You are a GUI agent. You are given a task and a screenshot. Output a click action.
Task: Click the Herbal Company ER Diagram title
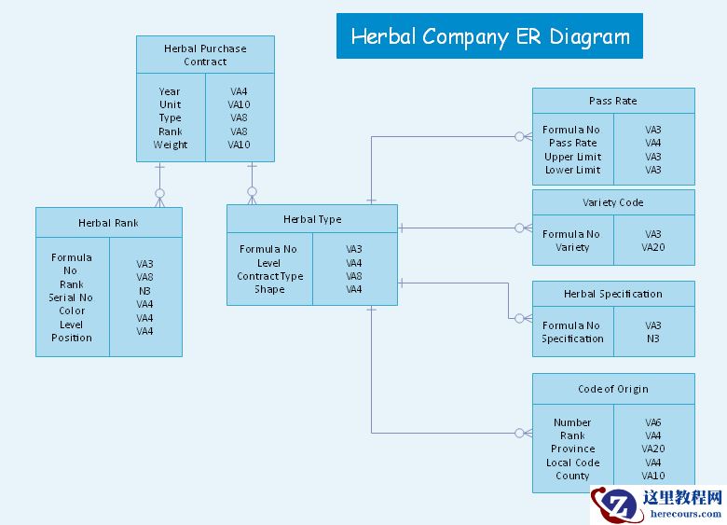[490, 36]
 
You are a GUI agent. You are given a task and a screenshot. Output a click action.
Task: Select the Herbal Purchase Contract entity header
[205, 55]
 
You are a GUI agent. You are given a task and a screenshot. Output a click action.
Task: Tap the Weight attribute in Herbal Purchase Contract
[171, 145]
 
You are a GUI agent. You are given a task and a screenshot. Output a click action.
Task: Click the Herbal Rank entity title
[108, 223]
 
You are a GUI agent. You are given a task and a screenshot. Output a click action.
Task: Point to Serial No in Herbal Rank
[71, 297]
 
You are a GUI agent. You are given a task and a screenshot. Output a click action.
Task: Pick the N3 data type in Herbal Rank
[144, 291]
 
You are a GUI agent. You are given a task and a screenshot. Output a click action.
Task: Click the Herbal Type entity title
[312, 219]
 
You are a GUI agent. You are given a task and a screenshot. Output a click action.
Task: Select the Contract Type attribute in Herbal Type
[270, 276]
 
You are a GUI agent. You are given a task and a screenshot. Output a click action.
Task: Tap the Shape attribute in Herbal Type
[269, 289]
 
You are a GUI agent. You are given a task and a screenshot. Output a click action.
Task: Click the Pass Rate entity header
[613, 101]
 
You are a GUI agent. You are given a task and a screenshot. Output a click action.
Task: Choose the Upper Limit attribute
[572, 157]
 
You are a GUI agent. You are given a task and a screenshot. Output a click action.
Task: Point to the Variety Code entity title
[613, 202]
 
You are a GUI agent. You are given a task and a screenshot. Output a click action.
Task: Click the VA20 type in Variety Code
[652, 247]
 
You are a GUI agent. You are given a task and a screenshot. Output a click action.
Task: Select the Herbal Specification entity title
[613, 294]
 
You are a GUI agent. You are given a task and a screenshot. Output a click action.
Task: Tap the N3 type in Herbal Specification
[652, 338]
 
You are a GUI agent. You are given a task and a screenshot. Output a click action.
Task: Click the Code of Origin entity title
[613, 389]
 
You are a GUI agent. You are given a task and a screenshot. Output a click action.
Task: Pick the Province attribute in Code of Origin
[572, 449]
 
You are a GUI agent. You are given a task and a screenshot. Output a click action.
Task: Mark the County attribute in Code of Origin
[572, 476]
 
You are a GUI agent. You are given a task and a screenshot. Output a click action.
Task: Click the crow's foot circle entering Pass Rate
[519, 136]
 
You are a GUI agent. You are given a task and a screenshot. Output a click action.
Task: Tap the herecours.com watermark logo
[658, 504]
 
